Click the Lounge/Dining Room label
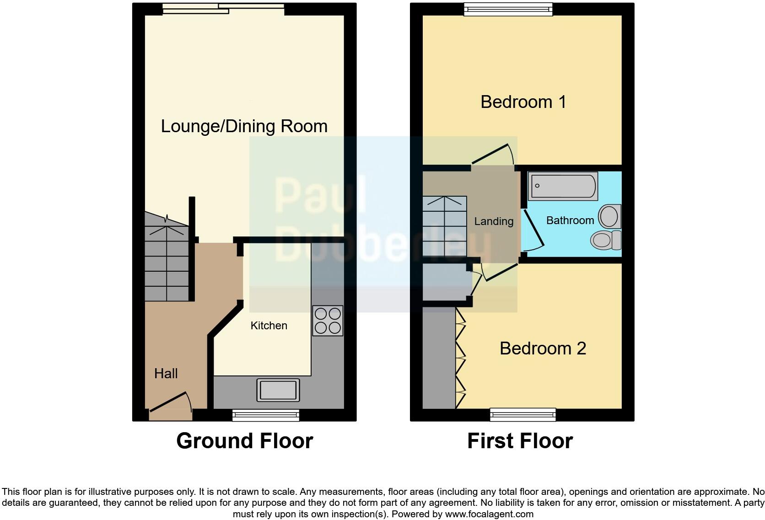pos(244,126)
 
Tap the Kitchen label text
pos(269,326)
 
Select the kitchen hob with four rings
pos(328,321)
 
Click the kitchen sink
pos(278,390)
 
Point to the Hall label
pos(166,374)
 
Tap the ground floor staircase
pos(167,261)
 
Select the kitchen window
pos(266,415)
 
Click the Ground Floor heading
pos(244,441)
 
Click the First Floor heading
pos(520,441)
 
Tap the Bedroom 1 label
pos(523,102)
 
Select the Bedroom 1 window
pos(508,9)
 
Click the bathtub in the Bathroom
pos(563,186)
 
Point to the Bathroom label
pos(570,220)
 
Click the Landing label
pos(494,221)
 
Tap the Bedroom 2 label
pos(543,348)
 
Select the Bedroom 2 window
pos(523,414)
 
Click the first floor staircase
pos(444,226)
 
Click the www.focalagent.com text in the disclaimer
pos(489,514)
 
